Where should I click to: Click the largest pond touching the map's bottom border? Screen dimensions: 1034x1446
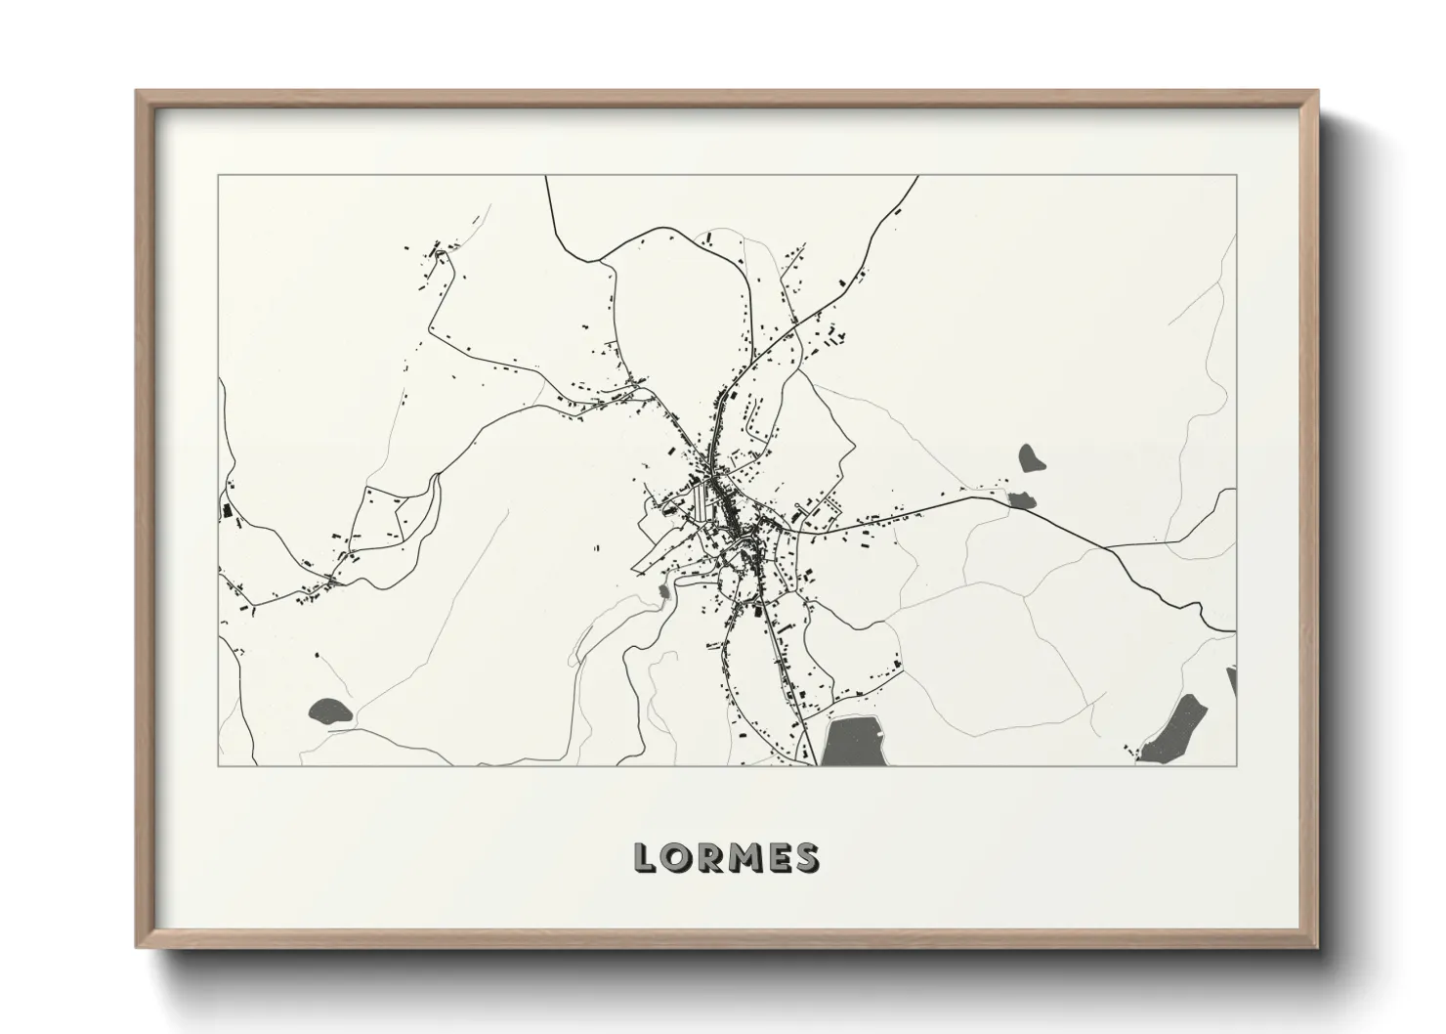(x=853, y=742)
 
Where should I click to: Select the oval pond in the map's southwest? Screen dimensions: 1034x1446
(x=328, y=711)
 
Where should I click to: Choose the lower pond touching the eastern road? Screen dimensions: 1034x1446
(x=1022, y=500)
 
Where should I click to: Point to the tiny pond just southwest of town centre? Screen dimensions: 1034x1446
(x=664, y=591)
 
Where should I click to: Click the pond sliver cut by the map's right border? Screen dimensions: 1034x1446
(x=1231, y=680)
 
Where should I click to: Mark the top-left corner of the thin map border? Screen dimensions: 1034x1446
(x=218, y=176)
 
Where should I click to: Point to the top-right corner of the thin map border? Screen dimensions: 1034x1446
(x=1236, y=176)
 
